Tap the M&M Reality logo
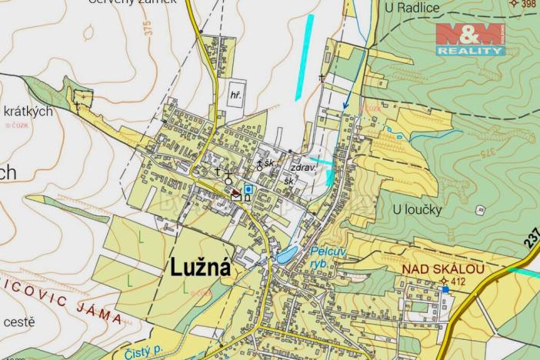click(x=470, y=38)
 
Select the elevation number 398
click(x=528, y=4)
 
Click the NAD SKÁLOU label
click(x=443, y=269)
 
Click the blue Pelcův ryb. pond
click(x=288, y=256)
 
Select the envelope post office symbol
click(x=236, y=197)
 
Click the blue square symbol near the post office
click(x=248, y=188)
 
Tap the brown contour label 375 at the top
click(x=146, y=29)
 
